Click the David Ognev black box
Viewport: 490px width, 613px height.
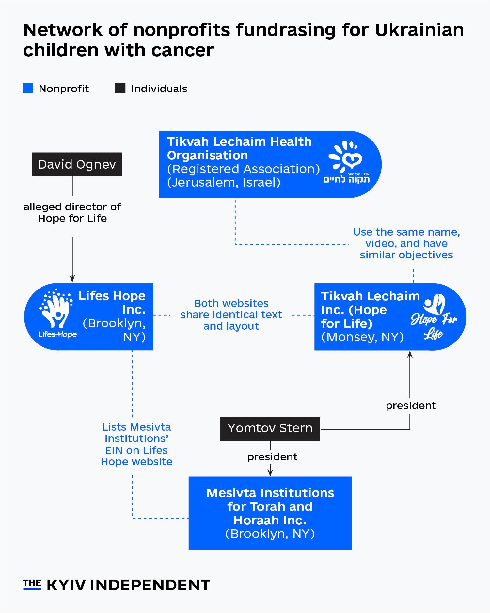tap(77, 164)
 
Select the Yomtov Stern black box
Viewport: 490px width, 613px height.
tap(270, 429)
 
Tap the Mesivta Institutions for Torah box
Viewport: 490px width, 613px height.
tap(270, 513)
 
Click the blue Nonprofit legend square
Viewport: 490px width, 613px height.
tap(28, 88)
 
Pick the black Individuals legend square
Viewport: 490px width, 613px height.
tap(120, 88)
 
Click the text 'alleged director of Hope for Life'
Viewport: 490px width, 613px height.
tap(72, 212)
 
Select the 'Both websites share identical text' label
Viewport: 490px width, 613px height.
tap(231, 314)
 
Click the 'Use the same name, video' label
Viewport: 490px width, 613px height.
tap(406, 243)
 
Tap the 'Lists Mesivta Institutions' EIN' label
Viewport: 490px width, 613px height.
tap(136, 444)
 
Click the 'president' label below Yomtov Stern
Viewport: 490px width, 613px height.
tap(272, 456)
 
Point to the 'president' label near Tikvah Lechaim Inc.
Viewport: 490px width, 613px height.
tap(410, 405)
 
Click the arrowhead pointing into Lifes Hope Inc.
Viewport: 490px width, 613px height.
tap(72, 279)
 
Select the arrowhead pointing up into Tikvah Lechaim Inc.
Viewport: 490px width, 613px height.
tap(410, 354)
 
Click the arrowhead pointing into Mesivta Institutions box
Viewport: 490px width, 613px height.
tap(270, 473)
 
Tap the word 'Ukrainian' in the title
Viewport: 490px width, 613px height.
tap(419, 30)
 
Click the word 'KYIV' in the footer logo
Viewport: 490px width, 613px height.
tap(66, 585)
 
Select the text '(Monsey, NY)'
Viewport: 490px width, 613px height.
tap(362, 337)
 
